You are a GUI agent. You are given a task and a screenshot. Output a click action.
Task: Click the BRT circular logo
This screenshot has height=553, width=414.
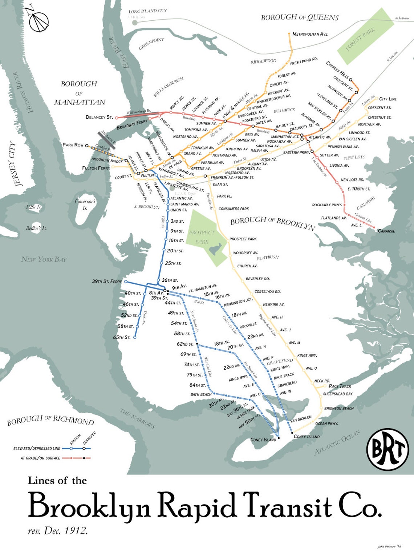click(387, 449)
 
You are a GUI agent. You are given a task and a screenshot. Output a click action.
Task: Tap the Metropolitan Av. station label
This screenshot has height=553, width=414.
click(310, 34)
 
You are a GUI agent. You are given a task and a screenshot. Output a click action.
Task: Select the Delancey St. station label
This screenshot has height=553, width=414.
click(99, 117)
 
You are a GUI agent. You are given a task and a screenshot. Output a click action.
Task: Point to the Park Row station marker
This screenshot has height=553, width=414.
click(87, 146)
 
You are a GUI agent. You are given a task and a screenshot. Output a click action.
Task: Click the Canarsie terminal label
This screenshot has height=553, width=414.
click(386, 231)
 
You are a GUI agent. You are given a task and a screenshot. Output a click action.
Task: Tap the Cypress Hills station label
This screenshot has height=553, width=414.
click(337, 71)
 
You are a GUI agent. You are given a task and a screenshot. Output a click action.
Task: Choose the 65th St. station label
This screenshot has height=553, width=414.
click(122, 338)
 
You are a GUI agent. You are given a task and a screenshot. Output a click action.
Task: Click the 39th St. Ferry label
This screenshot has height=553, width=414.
click(107, 282)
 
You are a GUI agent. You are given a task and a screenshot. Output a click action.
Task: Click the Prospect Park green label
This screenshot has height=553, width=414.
click(202, 237)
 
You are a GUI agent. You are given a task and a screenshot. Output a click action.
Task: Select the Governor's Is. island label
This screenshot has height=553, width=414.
click(85, 204)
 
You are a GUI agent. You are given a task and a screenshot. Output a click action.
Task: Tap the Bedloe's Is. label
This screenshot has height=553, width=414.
click(36, 228)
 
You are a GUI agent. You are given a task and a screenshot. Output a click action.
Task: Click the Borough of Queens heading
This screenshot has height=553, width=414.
click(300, 17)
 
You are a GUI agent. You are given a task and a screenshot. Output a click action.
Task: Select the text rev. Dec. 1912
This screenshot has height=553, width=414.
click(58, 531)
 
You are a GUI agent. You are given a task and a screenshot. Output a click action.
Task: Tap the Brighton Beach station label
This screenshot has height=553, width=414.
click(339, 409)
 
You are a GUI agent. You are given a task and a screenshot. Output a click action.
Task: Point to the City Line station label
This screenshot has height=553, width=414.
click(388, 99)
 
